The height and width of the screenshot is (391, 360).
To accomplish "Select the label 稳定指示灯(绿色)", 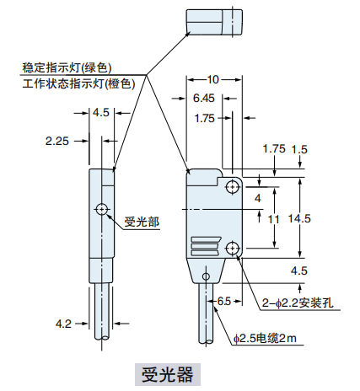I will pyautogui.click(x=68, y=67).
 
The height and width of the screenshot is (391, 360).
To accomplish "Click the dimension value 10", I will pyautogui.click(x=212, y=78).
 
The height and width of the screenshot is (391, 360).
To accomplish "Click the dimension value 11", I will pyautogui.click(x=273, y=218).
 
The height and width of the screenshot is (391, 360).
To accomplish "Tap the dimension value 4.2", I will pyautogui.click(x=62, y=322).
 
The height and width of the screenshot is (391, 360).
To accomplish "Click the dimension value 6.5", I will pyautogui.click(x=224, y=300).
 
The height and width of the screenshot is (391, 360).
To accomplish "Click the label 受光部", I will pyautogui.click(x=142, y=222).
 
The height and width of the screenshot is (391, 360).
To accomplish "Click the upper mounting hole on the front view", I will pyautogui.click(x=231, y=185).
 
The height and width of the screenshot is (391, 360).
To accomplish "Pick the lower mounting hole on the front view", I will pyautogui.click(x=231, y=248).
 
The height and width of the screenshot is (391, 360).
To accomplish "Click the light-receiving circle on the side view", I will pyautogui.click(x=102, y=208).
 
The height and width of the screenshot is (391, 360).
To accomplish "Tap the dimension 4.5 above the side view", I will pyautogui.click(x=101, y=112).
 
